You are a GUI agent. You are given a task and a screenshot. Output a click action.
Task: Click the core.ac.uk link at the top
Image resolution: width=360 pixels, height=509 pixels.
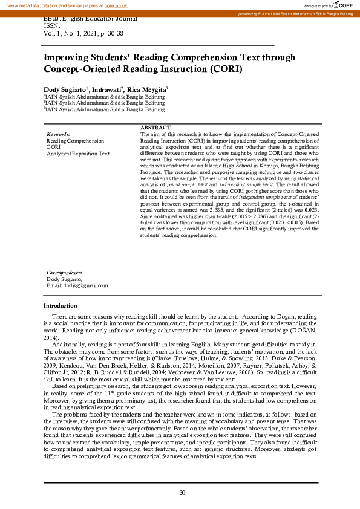[x=116, y=5]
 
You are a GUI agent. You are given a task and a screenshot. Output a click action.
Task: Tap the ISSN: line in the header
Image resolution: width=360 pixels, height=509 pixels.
[x=53, y=26]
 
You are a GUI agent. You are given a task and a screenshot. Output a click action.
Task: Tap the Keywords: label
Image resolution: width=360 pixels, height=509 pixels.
[x=59, y=134]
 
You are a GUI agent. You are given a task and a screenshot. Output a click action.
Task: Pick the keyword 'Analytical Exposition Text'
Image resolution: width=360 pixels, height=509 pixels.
[x=78, y=154]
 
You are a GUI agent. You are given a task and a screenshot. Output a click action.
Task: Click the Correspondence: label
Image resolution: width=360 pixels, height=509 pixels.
[x=65, y=273]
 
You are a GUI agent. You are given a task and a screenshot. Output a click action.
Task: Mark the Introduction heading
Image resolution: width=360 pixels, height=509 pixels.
[x=61, y=305]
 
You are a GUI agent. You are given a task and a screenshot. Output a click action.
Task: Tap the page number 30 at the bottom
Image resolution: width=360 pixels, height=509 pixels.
[x=182, y=493]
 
